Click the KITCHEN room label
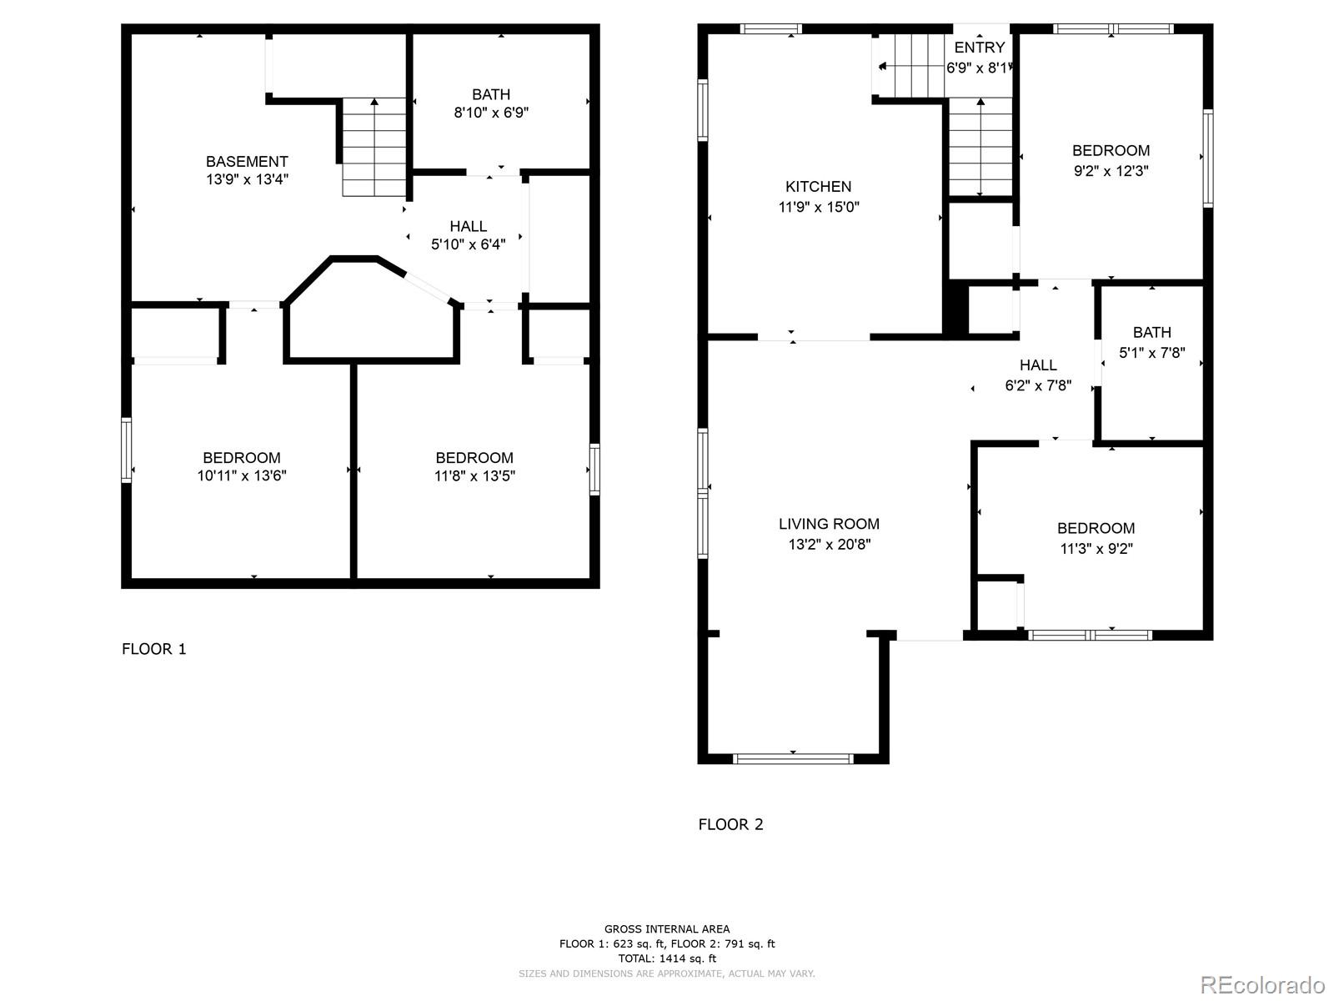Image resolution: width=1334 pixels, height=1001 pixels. click(818, 187)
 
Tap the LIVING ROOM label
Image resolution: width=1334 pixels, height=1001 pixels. click(829, 524)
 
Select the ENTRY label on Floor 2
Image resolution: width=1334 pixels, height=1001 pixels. click(979, 48)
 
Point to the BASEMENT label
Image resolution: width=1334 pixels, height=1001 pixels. click(247, 162)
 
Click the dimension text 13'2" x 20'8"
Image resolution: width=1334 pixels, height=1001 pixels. click(829, 544)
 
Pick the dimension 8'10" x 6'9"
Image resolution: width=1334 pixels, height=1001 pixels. click(491, 113)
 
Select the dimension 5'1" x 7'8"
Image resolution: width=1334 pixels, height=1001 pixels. click(1151, 353)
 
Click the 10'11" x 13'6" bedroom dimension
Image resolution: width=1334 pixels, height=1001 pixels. click(241, 475)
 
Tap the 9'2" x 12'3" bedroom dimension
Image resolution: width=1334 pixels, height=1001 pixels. click(1111, 171)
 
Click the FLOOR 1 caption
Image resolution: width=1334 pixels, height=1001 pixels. click(153, 649)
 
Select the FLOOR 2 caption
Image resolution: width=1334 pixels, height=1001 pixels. click(730, 824)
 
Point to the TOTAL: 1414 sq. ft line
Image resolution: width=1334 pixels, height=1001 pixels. click(667, 958)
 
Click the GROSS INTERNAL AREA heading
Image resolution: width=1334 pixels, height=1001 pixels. click(667, 928)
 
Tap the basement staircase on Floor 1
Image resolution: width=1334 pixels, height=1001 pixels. click(374, 147)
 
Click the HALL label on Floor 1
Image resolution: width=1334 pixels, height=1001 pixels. click(468, 226)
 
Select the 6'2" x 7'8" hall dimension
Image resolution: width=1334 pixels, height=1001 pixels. click(1038, 385)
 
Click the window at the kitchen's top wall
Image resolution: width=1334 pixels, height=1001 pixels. click(770, 28)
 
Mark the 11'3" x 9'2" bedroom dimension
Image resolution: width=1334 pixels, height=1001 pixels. click(1096, 548)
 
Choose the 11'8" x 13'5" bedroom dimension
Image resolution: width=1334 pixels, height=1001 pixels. click(474, 475)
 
